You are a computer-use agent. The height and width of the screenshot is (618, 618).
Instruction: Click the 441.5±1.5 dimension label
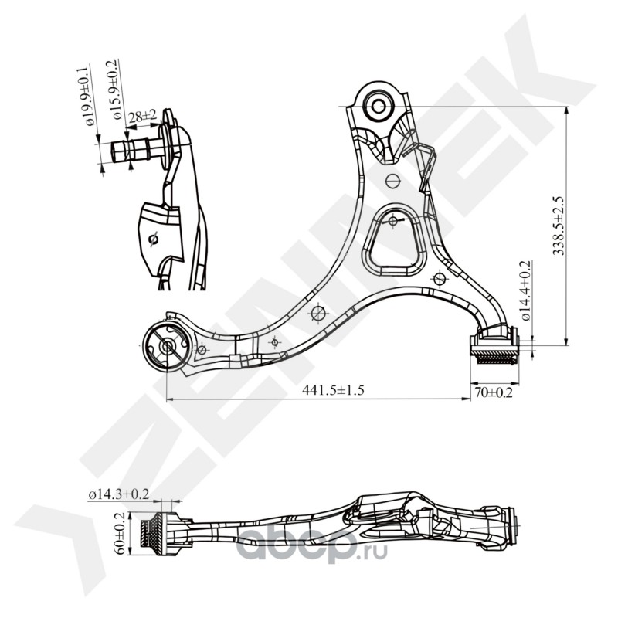[333, 390]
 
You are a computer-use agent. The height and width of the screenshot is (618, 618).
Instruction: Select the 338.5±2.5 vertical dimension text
[559, 226]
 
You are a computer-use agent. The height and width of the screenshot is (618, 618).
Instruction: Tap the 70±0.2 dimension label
[494, 392]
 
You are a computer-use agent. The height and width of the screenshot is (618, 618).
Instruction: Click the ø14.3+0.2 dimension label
[119, 494]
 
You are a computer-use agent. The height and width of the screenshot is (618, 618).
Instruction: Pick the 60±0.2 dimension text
[121, 533]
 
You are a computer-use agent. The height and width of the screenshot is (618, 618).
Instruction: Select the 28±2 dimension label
[142, 115]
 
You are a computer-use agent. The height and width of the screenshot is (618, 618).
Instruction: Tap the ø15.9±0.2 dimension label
[114, 90]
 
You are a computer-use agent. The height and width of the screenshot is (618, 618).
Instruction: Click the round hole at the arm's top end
[379, 106]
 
